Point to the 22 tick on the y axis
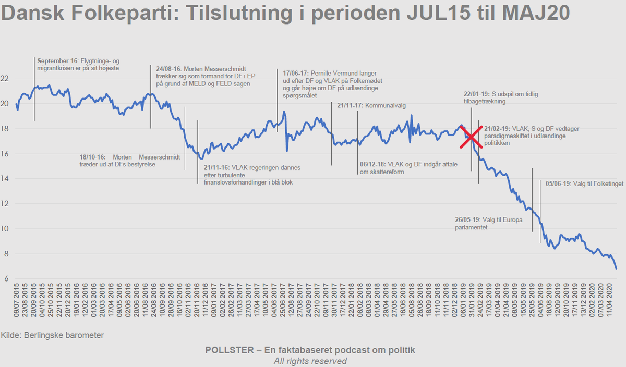click(7, 79)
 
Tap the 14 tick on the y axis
click(7, 179)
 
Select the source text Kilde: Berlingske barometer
click(52, 335)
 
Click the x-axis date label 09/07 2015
click(18, 305)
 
